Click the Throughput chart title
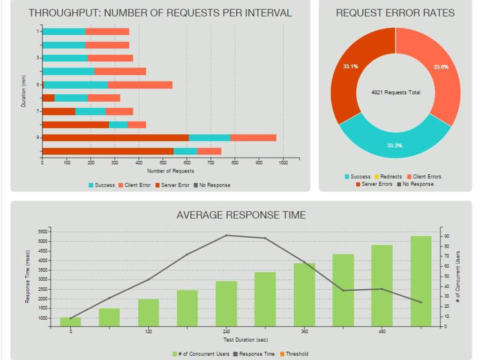(160, 13)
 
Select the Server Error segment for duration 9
(115, 138)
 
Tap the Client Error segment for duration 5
(140, 85)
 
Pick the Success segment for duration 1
(64, 31)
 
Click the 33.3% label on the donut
(394, 145)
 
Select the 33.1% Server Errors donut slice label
(351, 67)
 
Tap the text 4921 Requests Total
(396, 93)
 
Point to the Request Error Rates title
(395, 13)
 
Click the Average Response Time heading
(241, 215)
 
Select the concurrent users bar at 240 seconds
(226, 303)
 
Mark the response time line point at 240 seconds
(226, 235)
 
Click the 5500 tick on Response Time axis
(43, 232)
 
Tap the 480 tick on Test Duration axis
(382, 332)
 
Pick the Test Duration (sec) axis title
(246, 340)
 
